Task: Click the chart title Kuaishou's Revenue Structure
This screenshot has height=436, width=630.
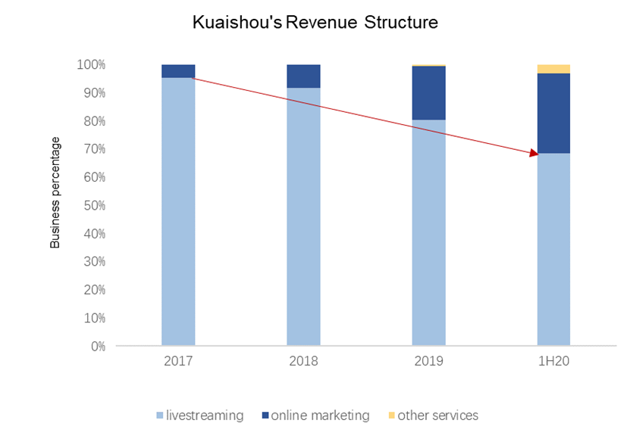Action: point(315,22)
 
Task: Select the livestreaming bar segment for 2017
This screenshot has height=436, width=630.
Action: point(178,212)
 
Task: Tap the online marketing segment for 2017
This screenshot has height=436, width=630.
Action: point(178,71)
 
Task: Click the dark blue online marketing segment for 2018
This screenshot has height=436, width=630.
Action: point(303,76)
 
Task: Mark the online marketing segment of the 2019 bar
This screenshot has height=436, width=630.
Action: point(428,93)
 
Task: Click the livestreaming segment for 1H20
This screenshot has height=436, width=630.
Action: point(553,250)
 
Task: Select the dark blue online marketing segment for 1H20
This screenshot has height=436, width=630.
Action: point(553,114)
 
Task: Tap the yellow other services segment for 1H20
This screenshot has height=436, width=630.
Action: point(553,69)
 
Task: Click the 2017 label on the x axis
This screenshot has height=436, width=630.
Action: point(178,361)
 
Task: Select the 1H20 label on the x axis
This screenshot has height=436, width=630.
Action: point(553,361)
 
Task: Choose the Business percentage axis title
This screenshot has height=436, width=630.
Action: point(55,193)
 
